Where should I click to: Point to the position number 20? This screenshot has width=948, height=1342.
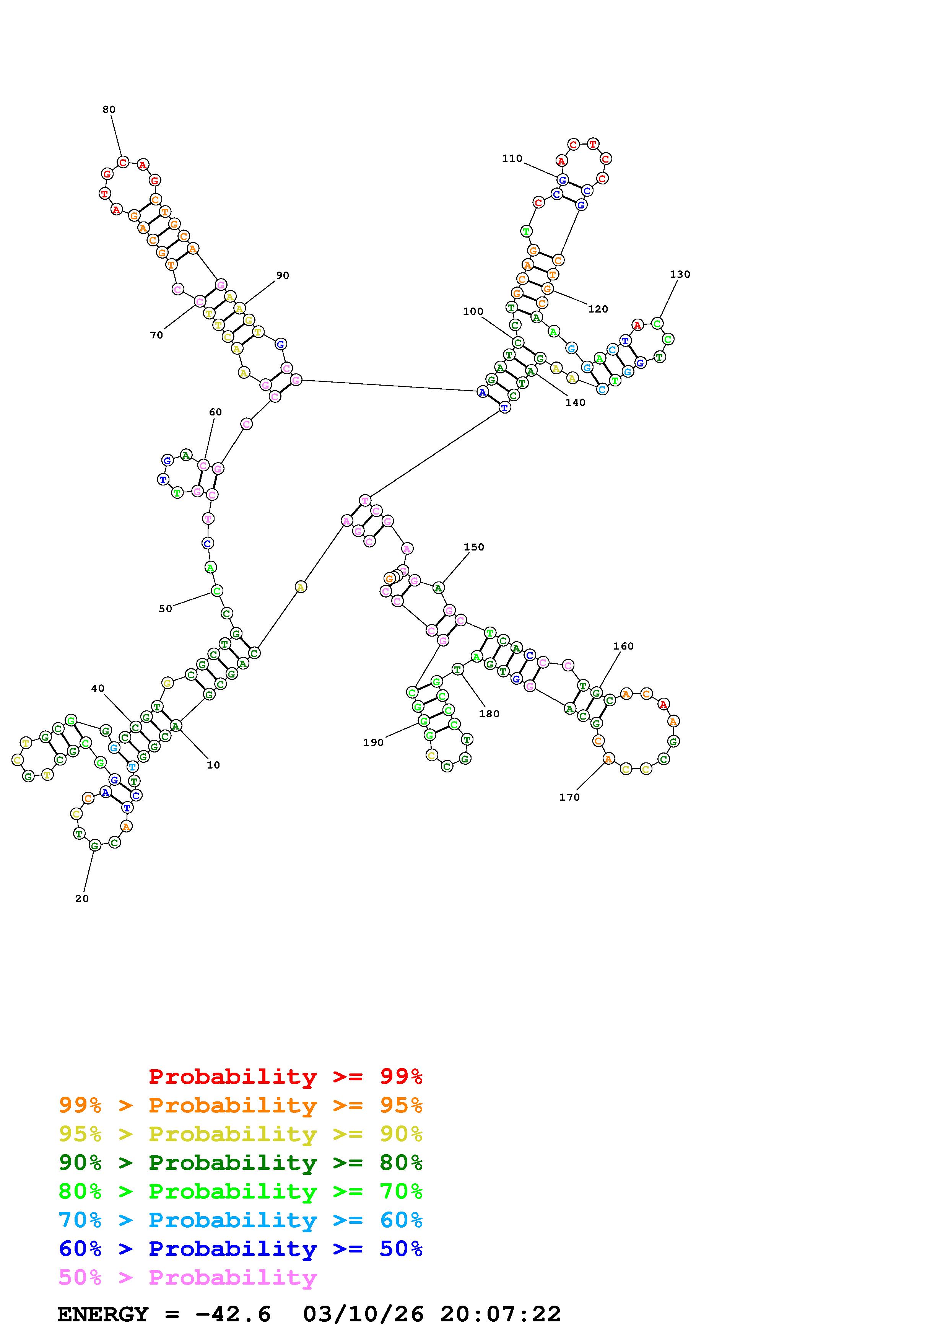click(x=82, y=898)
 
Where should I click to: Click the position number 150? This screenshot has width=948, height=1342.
click(x=474, y=547)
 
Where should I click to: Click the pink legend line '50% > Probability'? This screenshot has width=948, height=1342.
click(x=187, y=1278)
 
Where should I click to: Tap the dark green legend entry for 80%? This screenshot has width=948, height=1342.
click(x=240, y=1163)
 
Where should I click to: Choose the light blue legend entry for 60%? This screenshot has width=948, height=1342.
click(x=240, y=1220)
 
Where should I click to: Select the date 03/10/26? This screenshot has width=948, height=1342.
click(x=363, y=1314)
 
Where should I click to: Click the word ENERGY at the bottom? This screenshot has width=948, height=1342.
click(x=103, y=1314)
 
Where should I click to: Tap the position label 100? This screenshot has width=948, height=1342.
click(x=473, y=311)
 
